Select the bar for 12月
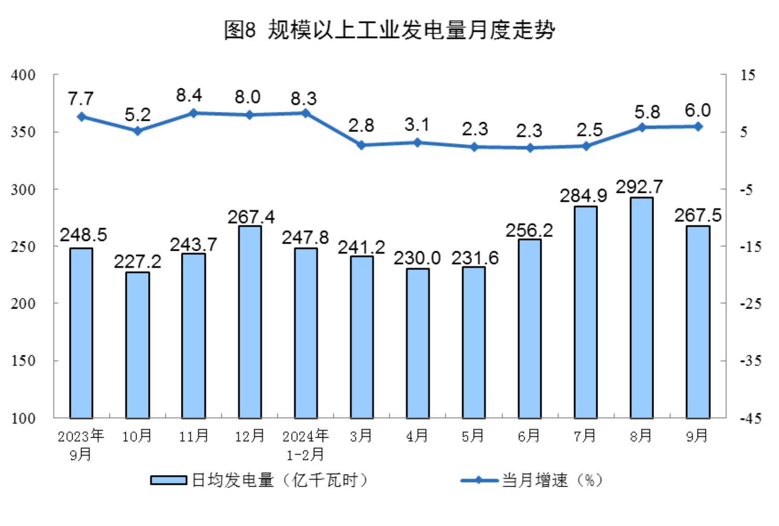coord(249,322)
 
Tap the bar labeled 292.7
coord(642,308)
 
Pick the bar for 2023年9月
coord(81,333)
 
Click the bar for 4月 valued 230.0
coord(418,343)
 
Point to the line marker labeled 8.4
coord(193,113)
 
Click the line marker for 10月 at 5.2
coord(137,131)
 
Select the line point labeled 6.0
coord(698,126)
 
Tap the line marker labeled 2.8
coord(361,145)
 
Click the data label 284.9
coord(583,196)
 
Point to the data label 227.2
coord(137,262)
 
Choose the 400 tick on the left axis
coord(23,75)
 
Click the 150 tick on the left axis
coord(23,361)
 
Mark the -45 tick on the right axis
coord(750,418)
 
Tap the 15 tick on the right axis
coord(748,75)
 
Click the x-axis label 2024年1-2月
coord(305,445)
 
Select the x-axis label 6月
coord(529,436)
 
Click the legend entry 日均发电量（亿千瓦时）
coord(259,480)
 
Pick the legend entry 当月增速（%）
coord(532,480)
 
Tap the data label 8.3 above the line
coord(304,99)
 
